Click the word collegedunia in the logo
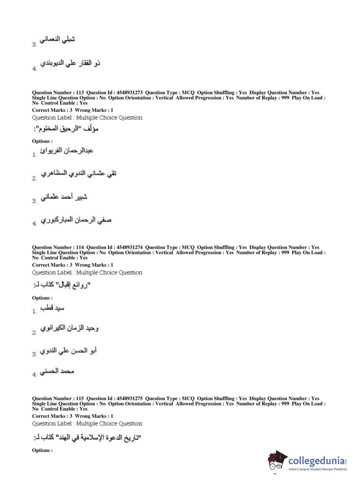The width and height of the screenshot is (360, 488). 316,461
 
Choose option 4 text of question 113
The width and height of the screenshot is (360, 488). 76,220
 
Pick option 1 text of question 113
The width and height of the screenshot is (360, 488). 67,150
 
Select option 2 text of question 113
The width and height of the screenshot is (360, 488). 78,173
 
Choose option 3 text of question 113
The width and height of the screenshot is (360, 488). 64,197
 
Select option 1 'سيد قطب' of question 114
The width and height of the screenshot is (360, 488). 52,308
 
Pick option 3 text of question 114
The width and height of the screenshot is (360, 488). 68,351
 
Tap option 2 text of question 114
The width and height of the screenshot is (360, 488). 69,328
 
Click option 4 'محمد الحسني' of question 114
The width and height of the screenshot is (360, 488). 57,371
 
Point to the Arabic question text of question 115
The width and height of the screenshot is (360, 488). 87,438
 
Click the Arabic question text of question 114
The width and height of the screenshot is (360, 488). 61,285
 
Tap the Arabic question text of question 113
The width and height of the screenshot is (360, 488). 66,129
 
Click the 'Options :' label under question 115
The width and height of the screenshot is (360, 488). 42,450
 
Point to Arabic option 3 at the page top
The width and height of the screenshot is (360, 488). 57,39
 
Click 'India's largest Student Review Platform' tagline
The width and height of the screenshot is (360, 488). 318,469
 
